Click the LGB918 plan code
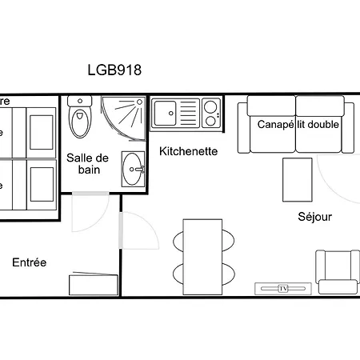tap(114, 70)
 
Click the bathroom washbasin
tap(134, 167)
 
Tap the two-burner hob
tap(210, 112)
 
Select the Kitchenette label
tap(188, 151)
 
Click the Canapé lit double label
tap(298, 125)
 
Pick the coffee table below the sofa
tap(298, 180)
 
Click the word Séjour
tap(314, 217)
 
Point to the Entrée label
tap(30, 262)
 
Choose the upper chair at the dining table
tap(227, 239)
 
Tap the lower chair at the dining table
tap(227, 274)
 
